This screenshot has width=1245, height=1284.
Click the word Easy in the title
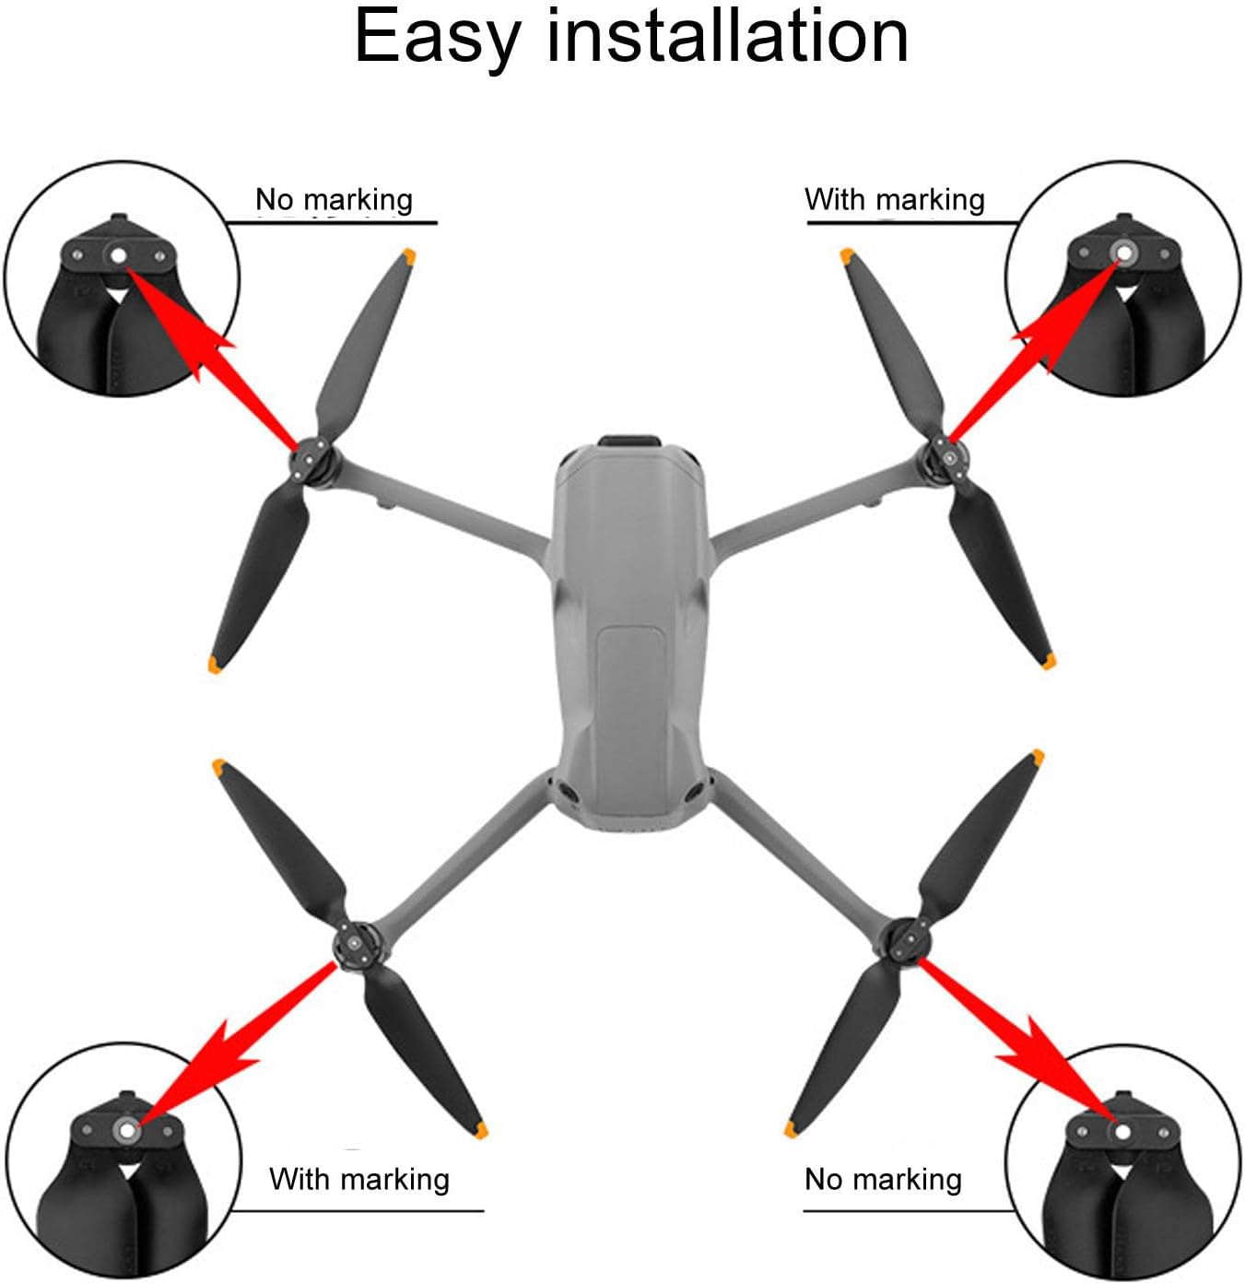437,37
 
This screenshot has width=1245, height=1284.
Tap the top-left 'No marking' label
334,200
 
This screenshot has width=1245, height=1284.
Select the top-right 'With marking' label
894,200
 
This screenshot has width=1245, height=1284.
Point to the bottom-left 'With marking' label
359,1180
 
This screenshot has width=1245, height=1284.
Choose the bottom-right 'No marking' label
883,1180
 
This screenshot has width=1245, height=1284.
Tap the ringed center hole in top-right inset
1123,253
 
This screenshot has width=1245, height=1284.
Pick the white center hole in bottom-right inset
1122,1131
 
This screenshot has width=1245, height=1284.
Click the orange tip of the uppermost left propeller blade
407,256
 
